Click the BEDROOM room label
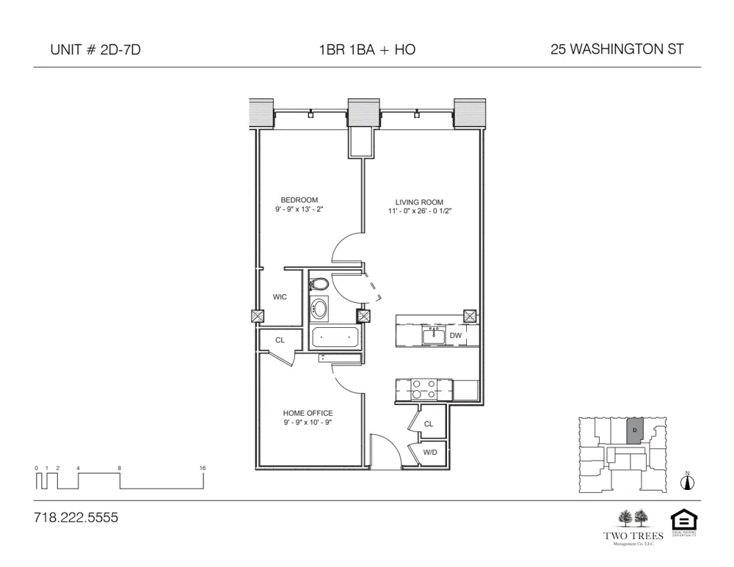click(x=299, y=200)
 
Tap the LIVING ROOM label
click(x=419, y=202)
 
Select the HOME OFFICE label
click(x=308, y=413)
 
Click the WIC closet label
click(x=280, y=297)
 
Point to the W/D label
click(x=429, y=453)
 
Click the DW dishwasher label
click(x=455, y=335)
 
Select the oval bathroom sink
click(x=320, y=308)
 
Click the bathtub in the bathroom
click(x=335, y=337)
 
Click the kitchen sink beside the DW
click(x=432, y=335)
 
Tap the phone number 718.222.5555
click(x=76, y=518)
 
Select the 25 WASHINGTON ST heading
click(x=617, y=50)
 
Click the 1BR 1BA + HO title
click(x=367, y=50)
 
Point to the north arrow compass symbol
click(x=688, y=482)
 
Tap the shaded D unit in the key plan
click(x=635, y=431)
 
